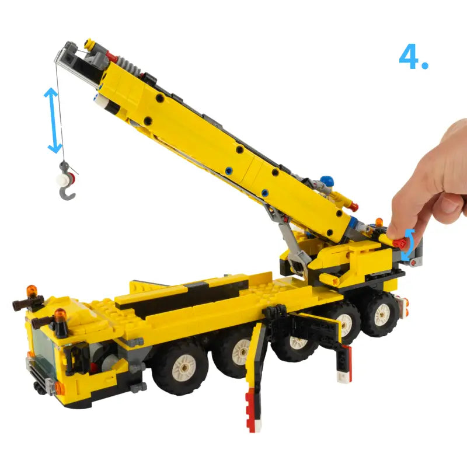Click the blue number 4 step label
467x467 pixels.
tap(413, 57)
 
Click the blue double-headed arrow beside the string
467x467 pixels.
tap(53, 120)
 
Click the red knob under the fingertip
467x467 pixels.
tap(400, 243)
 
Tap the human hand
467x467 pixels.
tap(432, 184)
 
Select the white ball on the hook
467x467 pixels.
tap(62, 180)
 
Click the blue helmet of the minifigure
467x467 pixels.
tap(327, 180)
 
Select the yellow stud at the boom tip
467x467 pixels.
tap(89, 44)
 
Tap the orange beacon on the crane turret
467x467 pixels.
tap(379, 222)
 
